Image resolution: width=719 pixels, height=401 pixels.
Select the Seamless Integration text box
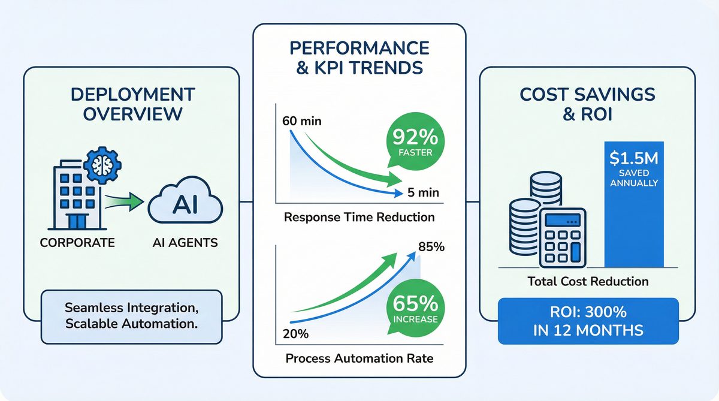coord(131,316)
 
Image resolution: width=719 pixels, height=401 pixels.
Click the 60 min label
coord(300,122)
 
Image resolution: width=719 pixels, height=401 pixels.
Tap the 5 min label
coord(422,192)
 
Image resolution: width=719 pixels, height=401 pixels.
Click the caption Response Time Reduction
coord(359,216)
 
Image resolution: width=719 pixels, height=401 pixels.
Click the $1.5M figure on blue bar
coord(634,159)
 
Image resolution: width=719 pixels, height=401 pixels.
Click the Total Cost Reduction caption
coord(588,281)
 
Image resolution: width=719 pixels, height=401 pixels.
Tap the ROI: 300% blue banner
coord(588,321)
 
